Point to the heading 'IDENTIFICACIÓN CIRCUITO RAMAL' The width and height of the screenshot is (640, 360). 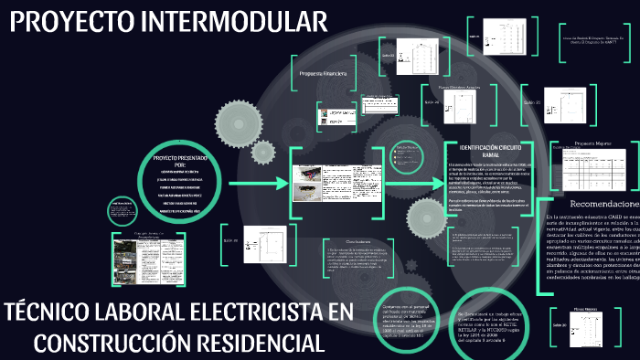[x=490, y=152]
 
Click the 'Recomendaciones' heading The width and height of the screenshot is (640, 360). [x=603, y=203]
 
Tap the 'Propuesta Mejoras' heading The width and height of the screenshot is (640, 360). [x=593, y=144]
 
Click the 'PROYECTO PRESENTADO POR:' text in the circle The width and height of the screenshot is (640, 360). [x=174, y=163]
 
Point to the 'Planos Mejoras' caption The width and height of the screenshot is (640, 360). [x=586, y=310]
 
